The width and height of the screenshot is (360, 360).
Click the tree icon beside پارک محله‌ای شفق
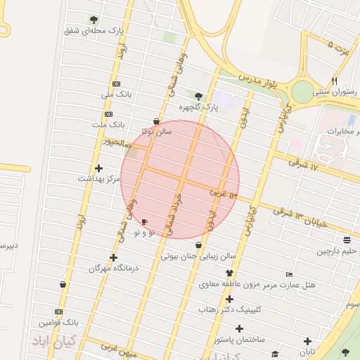click(x=94, y=20)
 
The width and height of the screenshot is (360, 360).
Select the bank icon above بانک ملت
click(x=108, y=114)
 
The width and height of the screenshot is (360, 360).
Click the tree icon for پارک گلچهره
click(x=198, y=96)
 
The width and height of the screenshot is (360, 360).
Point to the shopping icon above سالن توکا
click(x=156, y=122)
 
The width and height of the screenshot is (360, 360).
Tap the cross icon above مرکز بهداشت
click(x=98, y=168)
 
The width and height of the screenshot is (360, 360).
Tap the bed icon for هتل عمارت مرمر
click(x=289, y=274)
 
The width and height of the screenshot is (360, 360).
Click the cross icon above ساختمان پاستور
click(x=240, y=328)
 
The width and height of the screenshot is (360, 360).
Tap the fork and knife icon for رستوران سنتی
click(x=334, y=81)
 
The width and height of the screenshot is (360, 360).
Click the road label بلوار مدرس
click(x=258, y=79)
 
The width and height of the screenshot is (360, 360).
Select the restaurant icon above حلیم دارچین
click(x=347, y=240)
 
